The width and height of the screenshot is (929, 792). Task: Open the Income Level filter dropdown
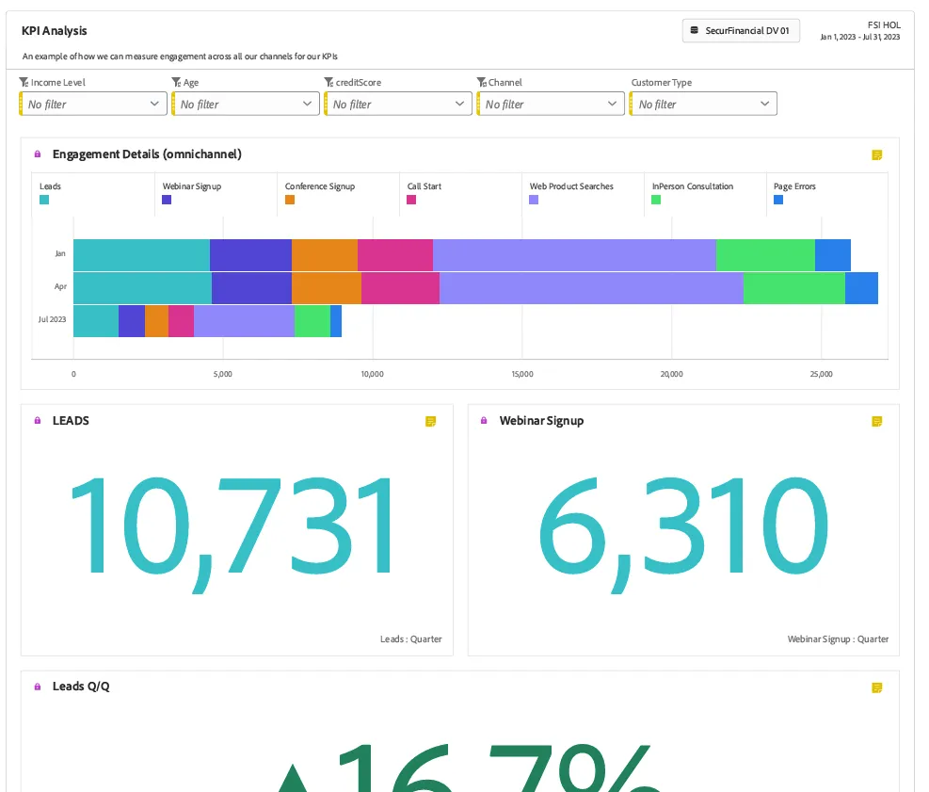tap(93, 104)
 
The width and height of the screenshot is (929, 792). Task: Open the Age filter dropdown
tap(246, 104)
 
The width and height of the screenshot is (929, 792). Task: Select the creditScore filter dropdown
tap(398, 104)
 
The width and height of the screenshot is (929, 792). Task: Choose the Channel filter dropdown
tap(551, 104)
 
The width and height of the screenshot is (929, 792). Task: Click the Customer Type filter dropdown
tap(703, 104)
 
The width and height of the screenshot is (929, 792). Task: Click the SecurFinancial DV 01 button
tap(741, 31)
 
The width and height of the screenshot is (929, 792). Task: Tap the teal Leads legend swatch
tap(44, 200)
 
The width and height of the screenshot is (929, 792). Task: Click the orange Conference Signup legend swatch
tap(290, 200)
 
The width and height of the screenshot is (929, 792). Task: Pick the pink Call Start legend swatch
tap(411, 200)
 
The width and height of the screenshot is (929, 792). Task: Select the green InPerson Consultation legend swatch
tap(656, 200)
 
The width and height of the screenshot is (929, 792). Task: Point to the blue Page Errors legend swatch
tap(778, 200)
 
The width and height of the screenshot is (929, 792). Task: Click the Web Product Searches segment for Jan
tap(574, 255)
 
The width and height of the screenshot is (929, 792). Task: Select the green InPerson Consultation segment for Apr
tap(794, 288)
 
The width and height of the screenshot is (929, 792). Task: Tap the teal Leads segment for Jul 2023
tap(96, 321)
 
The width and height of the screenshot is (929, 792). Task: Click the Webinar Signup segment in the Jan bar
tap(250, 255)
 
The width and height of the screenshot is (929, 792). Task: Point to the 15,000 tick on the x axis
tap(522, 374)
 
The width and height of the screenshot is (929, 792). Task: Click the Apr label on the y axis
tap(60, 286)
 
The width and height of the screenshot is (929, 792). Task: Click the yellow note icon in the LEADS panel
tap(431, 422)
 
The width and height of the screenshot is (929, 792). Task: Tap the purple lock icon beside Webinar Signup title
tap(484, 420)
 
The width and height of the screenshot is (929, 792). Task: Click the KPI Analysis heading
tap(55, 31)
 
